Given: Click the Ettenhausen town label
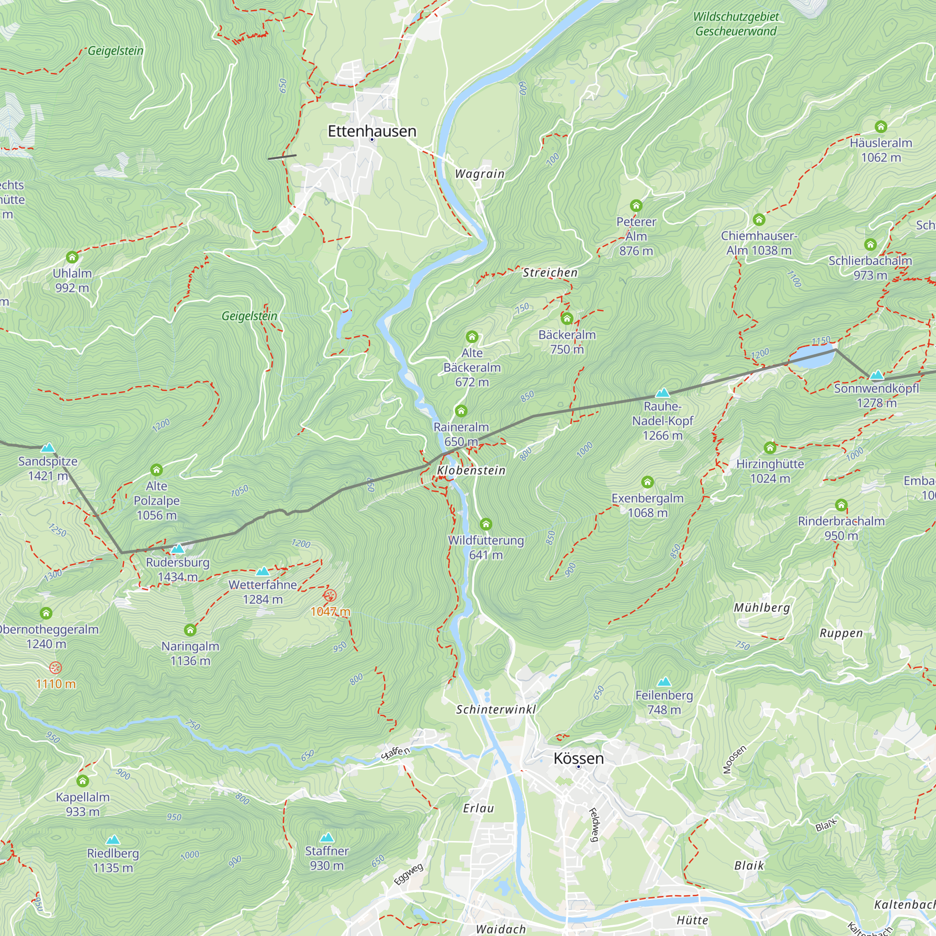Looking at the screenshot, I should (x=372, y=132).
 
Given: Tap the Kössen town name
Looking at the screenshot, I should (x=578, y=758).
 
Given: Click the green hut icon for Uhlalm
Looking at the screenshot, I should (x=72, y=257).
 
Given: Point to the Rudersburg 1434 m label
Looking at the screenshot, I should (x=178, y=569).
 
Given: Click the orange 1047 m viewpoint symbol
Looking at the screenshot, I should (x=330, y=595).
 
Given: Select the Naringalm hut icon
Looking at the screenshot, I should (x=190, y=630).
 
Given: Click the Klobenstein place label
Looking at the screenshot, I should (x=471, y=470).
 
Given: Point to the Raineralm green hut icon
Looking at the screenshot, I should (x=461, y=411).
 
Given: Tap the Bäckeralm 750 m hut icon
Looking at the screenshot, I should (x=567, y=319).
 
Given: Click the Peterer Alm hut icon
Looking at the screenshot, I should (x=636, y=206).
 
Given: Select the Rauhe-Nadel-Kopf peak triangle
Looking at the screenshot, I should (x=662, y=393).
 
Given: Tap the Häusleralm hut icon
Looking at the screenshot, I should (x=881, y=127).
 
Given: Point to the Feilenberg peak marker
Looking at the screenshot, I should (x=664, y=682).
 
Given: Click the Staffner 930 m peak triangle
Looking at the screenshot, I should (x=327, y=837).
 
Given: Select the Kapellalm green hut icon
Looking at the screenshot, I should (x=83, y=781).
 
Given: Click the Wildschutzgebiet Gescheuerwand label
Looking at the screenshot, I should (x=735, y=24).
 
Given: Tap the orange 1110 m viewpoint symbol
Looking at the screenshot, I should (x=56, y=668).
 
